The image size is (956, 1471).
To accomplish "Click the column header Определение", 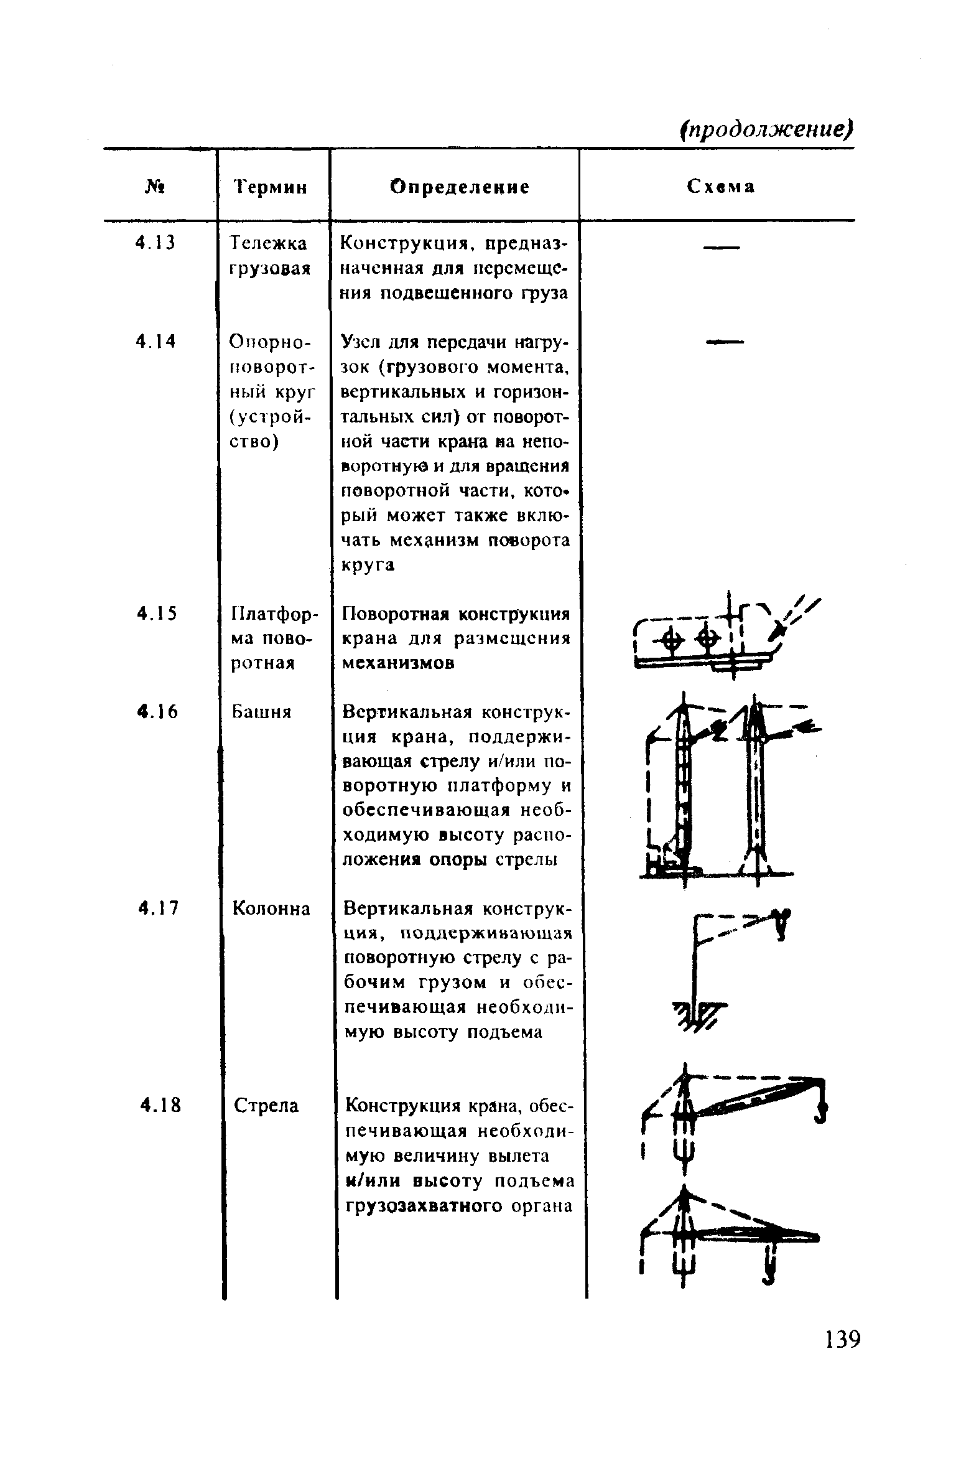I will click(460, 187).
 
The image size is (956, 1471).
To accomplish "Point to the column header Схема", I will click(721, 187).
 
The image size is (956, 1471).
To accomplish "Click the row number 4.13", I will click(155, 243).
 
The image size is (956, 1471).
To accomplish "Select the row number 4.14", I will click(155, 341).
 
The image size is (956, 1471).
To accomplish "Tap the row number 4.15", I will click(157, 614).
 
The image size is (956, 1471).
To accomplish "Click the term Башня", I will click(261, 711).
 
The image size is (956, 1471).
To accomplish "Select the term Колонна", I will click(271, 908).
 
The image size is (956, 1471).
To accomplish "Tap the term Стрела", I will click(266, 1105).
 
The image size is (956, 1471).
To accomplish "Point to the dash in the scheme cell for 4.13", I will click(721, 249).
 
